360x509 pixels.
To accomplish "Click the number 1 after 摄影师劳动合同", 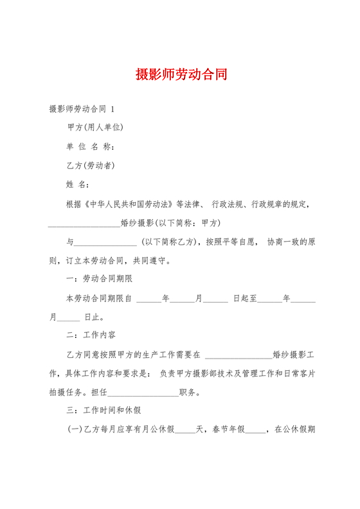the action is click(x=113, y=109).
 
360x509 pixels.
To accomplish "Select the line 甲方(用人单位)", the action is click(x=95, y=127).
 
